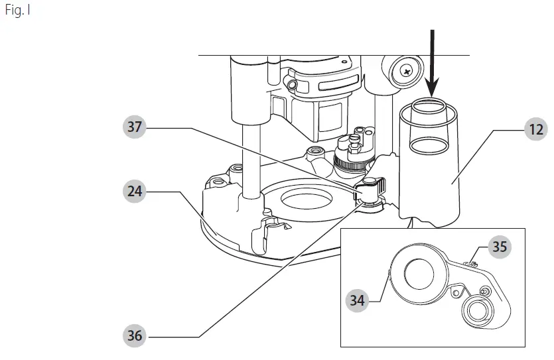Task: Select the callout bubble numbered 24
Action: click(x=135, y=192)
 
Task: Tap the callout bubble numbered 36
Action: click(x=135, y=336)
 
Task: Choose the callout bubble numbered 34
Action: click(x=358, y=300)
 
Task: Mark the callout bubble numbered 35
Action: click(x=499, y=247)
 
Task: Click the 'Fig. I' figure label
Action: click(x=18, y=12)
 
